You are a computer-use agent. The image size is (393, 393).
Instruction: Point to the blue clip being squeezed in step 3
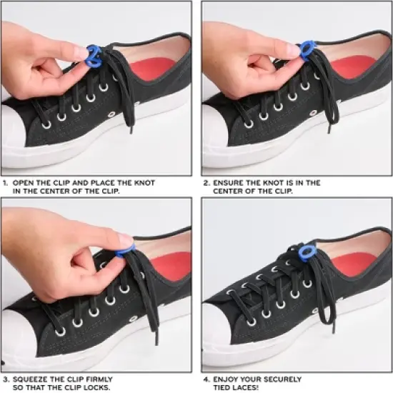126,248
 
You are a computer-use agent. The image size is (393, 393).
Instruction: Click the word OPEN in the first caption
24,183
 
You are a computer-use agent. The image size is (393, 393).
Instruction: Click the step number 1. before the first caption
5,183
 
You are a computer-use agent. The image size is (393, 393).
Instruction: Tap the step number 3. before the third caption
5,379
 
